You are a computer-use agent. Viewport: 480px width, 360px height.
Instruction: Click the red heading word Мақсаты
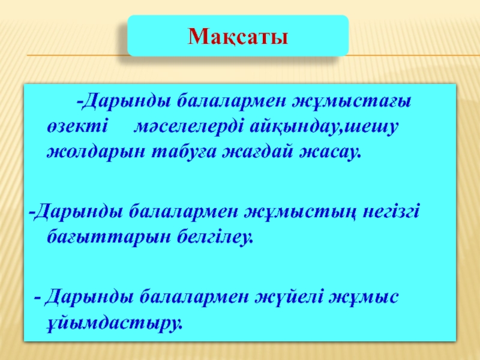pyautogui.click(x=238, y=37)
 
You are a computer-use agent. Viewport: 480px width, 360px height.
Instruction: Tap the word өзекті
pyautogui.click(x=77, y=126)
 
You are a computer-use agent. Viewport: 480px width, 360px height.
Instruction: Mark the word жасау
pyautogui.click(x=329, y=152)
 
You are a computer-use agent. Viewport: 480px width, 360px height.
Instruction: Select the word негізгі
pyautogui.click(x=391, y=212)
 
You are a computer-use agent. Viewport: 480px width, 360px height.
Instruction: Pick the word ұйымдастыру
pyautogui.click(x=115, y=322)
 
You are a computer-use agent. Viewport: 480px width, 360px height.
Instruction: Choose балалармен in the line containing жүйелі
pyautogui.click(x=194, y=297)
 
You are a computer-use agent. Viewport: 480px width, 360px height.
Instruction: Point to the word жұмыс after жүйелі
pyautogui.click(x=364, y=297)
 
